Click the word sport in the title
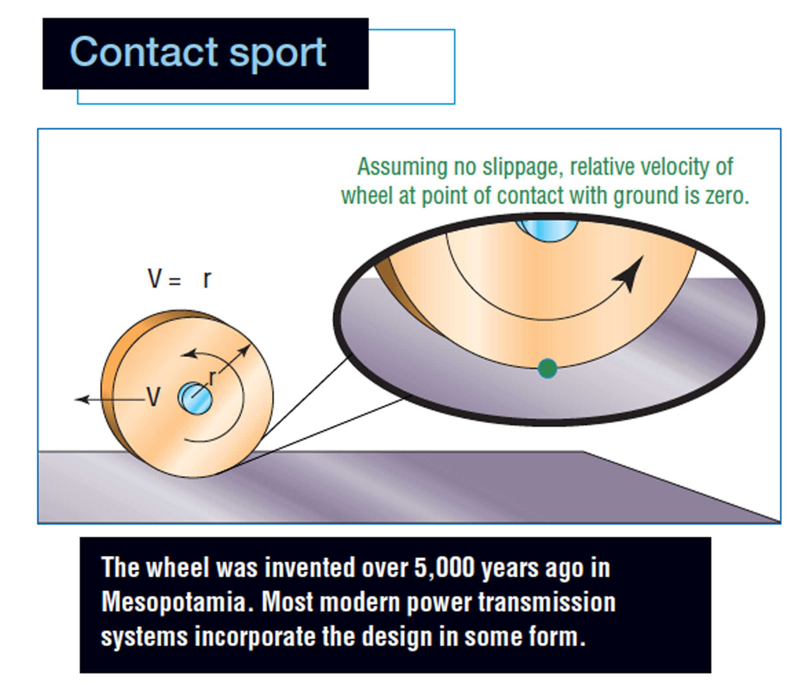click(277, 55)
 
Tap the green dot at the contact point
click(547, 368)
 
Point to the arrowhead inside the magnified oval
click(630, 273)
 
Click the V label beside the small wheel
click(153, 397)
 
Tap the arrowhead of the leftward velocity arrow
click(81, 400)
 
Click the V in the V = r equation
click(155, 278)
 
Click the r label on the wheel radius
click(213, 378)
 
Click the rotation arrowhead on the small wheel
click(188, 353)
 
